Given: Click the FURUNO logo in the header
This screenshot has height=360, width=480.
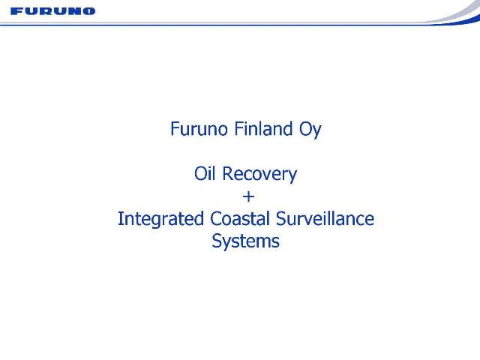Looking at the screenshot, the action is pyautogui.click(x=52, y=11).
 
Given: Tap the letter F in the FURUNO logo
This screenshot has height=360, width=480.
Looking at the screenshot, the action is pyautogui.click(x=16, y=11).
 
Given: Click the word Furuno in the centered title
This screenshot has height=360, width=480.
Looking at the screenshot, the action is pyautogui.click(x=198, y=129).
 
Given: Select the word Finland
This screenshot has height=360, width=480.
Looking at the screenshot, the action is pyautogui.click(x=263, y=129).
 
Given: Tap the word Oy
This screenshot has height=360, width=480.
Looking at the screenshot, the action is pyautogui.click(x=310, y=130).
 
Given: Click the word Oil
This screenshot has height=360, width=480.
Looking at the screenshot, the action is pyautogui.click(x=205, y=173).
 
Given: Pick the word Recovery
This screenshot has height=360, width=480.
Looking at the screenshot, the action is pyautogui.click(x=260, y=175).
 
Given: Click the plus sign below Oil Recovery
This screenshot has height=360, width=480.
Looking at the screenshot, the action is pyautogui.click(x=248, y=196).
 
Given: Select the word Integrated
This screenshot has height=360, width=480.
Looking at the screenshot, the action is pyautogui.click(x=160, y=220).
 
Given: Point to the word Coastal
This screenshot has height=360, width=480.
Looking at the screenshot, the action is pyautogui.click(x=240, y=218).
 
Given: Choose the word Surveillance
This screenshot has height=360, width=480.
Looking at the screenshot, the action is pyautogui.click(x=325, y=218).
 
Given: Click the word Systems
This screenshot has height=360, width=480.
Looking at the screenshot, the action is pyautogui.click(x=245, y=241).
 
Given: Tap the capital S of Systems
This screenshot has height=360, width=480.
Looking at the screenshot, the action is pyautogui.click(x=217, y=241).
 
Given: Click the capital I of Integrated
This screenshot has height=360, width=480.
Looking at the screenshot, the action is pyautogui.click(x=121, y=218).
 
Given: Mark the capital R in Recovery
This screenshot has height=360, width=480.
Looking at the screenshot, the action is pyautogui.click(x=228, y=173).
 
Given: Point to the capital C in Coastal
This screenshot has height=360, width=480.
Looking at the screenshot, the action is pyautogui.click(x=216, y=218).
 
